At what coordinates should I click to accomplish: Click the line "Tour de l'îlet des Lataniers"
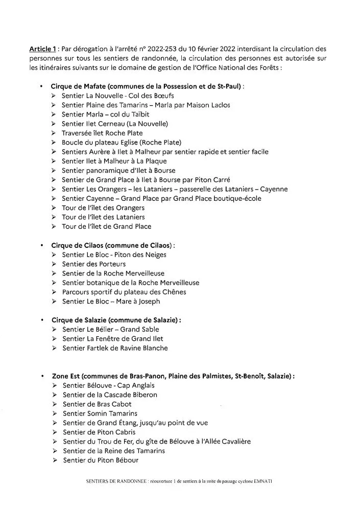click(x=103, y=217)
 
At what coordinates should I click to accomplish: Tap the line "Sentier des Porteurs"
click(x=93, y=264)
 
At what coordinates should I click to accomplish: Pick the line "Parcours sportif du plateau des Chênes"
click(x=124, y=292)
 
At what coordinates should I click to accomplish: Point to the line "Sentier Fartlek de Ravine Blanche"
click(x=115, y=348)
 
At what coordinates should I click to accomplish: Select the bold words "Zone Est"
click(x=68, y=376)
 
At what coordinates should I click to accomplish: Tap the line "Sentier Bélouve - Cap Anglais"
click(x=108, y=385)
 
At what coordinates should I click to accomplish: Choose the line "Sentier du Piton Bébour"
click(x=101, y=460)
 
